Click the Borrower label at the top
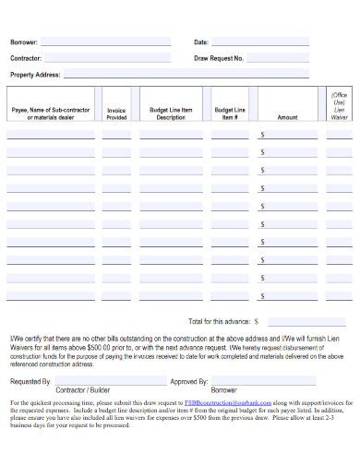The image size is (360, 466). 24,42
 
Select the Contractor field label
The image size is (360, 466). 26,58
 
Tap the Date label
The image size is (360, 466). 201,42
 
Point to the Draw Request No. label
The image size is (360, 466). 219,58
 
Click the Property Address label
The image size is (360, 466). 34,74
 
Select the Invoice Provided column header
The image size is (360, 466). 116,114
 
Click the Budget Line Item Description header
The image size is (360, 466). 171,114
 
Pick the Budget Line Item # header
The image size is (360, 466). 230,114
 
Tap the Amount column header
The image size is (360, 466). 287,118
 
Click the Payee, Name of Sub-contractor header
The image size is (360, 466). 51,114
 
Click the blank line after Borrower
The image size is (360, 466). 105,43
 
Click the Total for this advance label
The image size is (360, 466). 219,322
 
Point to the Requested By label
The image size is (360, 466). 30,379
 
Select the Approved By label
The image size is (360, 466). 189,379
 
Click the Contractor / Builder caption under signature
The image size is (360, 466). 81,390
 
